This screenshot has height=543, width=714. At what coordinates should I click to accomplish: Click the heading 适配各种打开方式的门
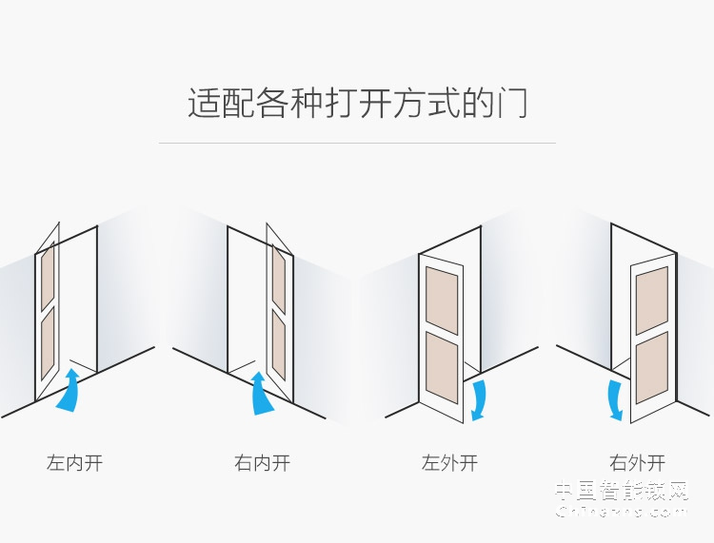(357, 103)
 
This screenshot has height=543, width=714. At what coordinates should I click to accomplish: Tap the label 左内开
(74, 464)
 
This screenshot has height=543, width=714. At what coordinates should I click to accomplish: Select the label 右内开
(262, 464)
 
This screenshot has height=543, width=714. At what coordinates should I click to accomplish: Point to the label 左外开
(449, 464)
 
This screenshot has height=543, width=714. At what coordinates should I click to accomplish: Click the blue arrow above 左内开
(69, 391)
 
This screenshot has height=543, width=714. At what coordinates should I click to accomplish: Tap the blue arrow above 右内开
(259, 393)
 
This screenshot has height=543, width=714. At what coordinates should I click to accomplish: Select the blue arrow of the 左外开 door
(479, 399)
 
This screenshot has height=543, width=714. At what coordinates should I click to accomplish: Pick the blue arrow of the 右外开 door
(616, 399)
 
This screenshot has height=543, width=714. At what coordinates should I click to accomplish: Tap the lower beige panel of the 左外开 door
(442, 366)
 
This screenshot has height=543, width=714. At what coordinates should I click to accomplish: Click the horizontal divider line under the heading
(357, 144)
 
